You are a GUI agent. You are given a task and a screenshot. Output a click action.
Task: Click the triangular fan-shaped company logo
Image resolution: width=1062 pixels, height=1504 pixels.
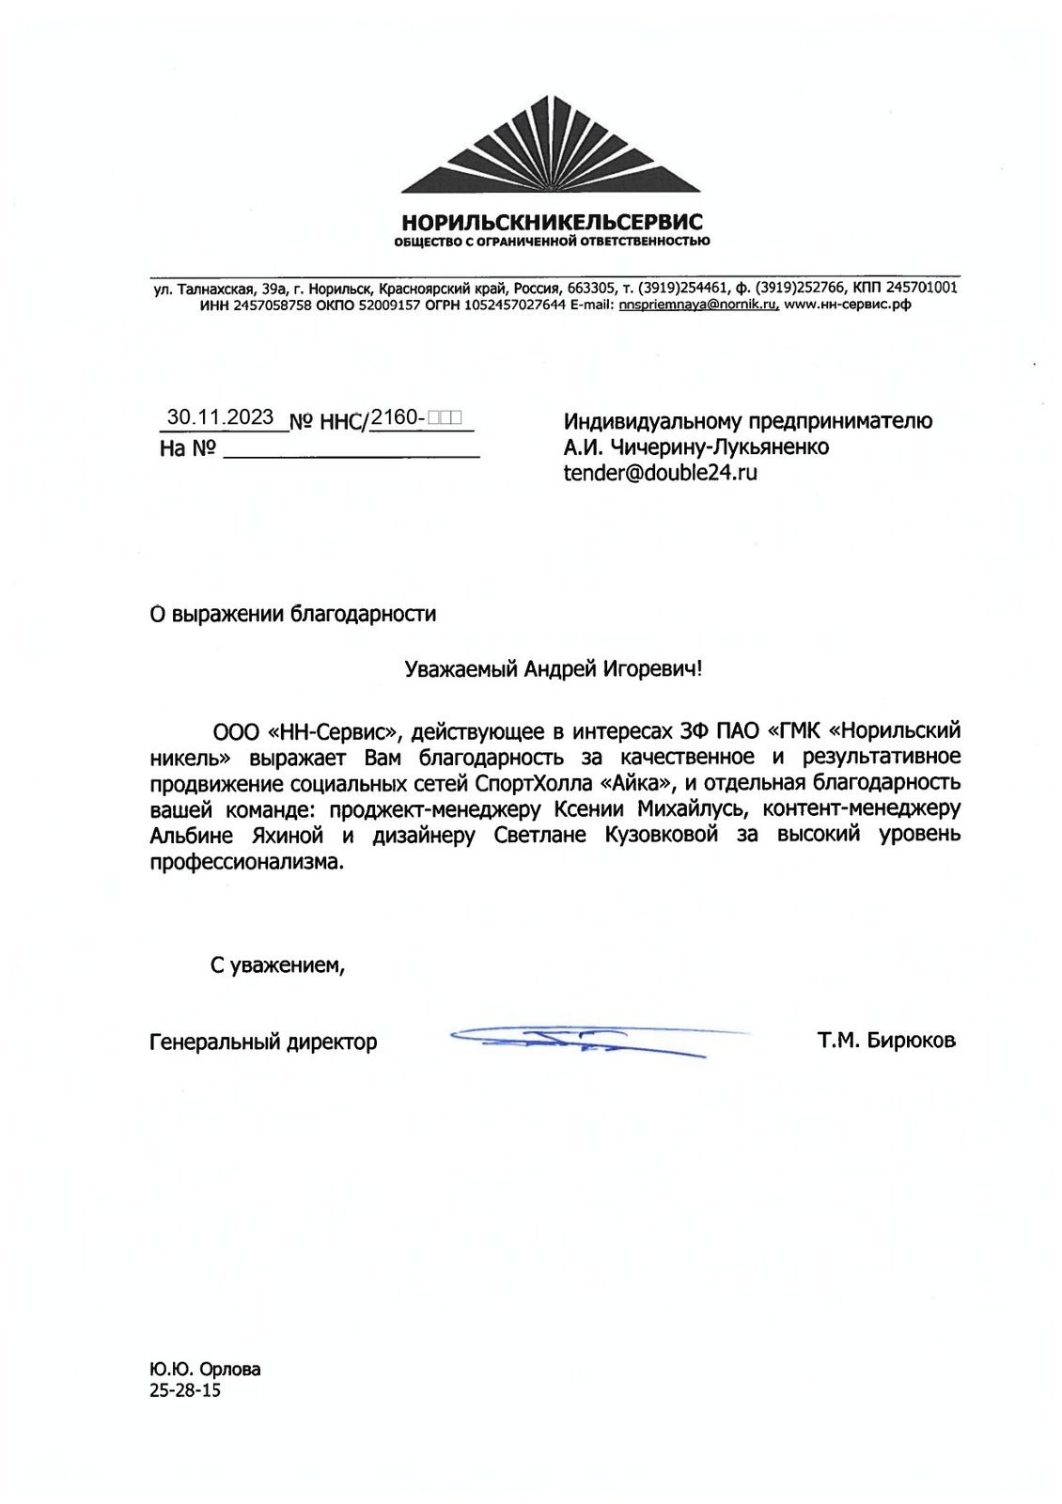(x=551, y=146)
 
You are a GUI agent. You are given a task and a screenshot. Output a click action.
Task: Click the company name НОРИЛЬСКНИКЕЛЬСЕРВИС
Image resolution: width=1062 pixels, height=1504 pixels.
(x=552, y=223)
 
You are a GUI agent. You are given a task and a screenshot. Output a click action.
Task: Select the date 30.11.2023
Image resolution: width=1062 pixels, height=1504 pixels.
(x=220, y=417)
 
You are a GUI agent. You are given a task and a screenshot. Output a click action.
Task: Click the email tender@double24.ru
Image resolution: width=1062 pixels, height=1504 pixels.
(x=660, y=473)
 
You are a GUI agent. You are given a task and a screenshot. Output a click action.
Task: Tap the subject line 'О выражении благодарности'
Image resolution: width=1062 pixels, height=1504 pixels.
(x=293, y=615)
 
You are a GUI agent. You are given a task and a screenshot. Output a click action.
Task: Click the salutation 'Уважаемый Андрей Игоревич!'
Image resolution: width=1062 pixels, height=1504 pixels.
(x=554, y=669)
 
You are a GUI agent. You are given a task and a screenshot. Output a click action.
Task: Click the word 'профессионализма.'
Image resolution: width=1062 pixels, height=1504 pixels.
(x=247, y=862)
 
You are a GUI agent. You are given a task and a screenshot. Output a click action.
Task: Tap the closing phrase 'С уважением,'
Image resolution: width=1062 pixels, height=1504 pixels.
(x=277, y=964)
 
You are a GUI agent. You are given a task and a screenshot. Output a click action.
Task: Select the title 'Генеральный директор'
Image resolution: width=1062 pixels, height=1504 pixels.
(x=263, y=1042)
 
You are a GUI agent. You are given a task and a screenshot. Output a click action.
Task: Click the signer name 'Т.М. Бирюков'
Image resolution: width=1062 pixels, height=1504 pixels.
(x=886, y=1040)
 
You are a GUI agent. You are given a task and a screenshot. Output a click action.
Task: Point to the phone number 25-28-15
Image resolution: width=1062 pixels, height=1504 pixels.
(x=185, y=1390)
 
